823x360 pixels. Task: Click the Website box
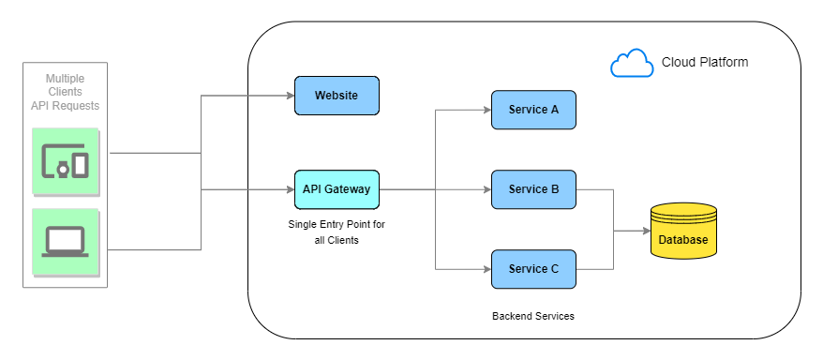pyautogui.click(x=337, y=96)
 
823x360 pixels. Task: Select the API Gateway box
pyautogui.click(x=337, y=189)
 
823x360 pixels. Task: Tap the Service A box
pyautogui.click(x=533, y=110)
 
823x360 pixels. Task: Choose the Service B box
pyautogui.click(x=533, y=189)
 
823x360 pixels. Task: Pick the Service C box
pyautogui.click(x=533, y=269)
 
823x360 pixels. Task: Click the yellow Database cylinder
pyautogui.click(x=683, y=232)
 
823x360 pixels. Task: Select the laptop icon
pyautogui.click(x=66, y=242)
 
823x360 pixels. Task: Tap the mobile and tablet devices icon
pyautogui.click(x=66, y=162)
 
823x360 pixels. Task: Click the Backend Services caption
pyautogui.click(x=533, y=317)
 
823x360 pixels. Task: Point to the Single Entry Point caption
pyautogui.click(x=337, y=232)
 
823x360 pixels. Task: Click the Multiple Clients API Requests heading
pyautogui.click(x=65, y=92)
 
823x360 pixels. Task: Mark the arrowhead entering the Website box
pyautogui.click(x=289, y=96)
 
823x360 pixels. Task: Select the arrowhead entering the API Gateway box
pyautogui.click(x=289, y=189)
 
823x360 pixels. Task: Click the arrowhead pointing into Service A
pyautogui.click(x=486, y=110)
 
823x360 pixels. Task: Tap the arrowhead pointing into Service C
pyautogui.click(x=486, y=269)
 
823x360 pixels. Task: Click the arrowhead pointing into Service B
pyautogui.click(x=486, y=189)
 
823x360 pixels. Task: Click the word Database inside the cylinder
pyautogui.click(x=683, y=240)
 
